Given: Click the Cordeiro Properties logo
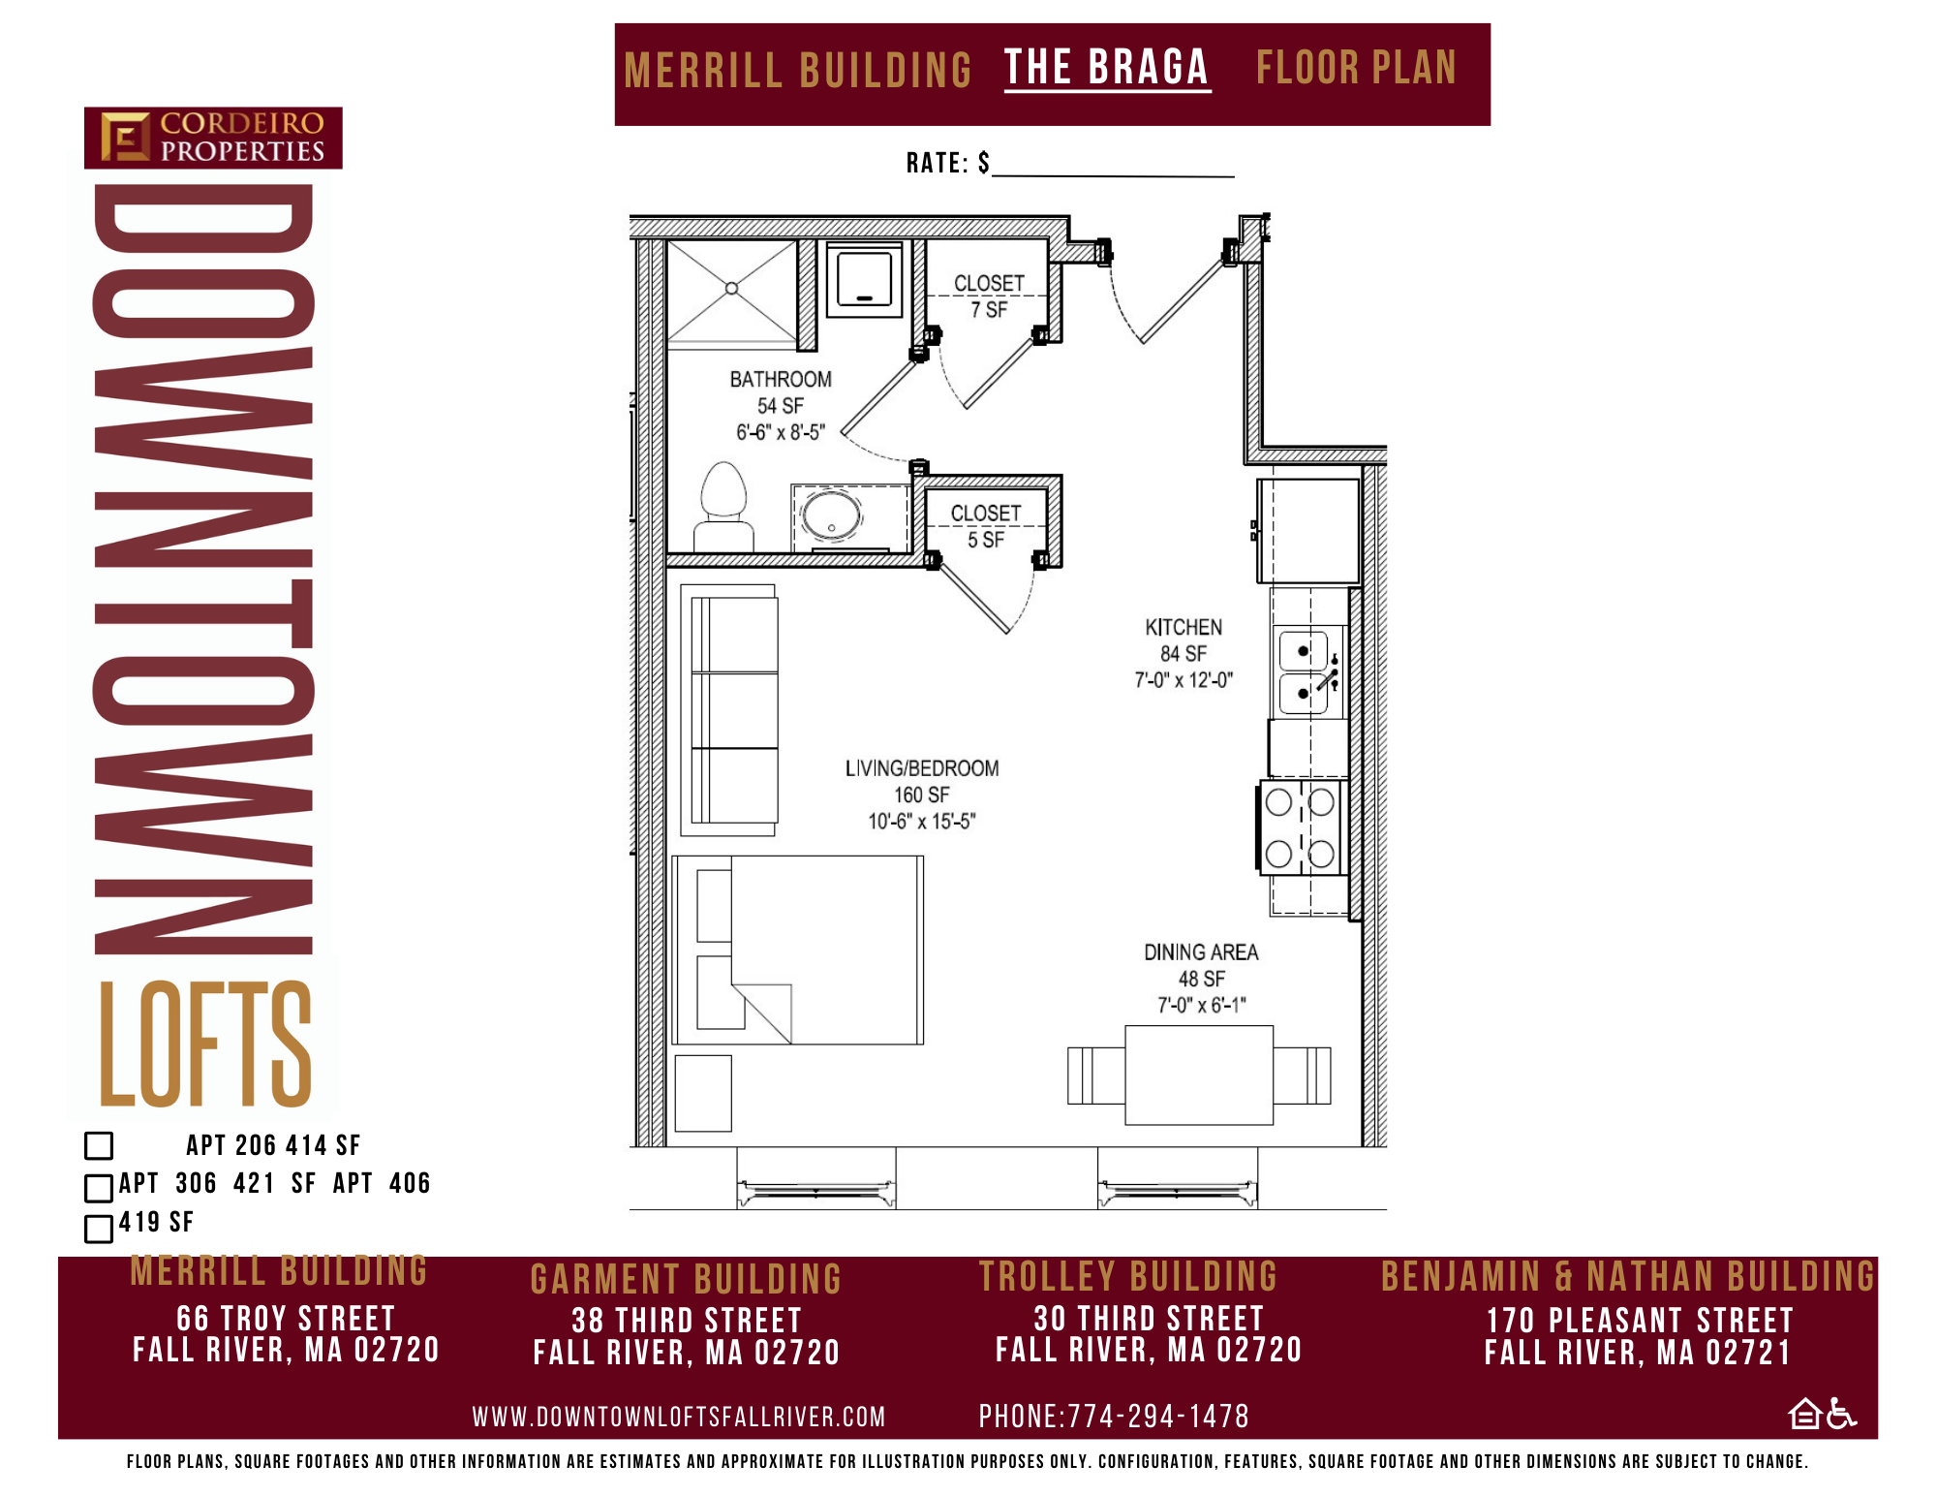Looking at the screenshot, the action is click(x=213, y=138).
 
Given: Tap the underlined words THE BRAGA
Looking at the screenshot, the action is click(x=1107, y=68).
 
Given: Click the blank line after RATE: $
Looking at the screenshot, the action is click(x=1114, y=175).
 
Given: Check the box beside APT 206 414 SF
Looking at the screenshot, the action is click(x=99, y=1145).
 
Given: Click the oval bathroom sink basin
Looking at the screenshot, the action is click(x=832, y=515).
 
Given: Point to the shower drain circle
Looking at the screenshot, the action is click(x=732, y=288).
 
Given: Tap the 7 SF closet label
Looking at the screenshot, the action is click(x=989, y=296).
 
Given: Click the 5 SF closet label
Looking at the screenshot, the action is click(x=986, y=526).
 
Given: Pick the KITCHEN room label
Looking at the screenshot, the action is click(x=1184, y=627).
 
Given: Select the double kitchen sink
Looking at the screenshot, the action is click(x=1308, y=672).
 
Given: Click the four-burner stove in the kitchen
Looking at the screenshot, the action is click(x=1303, y=827).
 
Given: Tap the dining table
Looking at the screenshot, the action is click(x=1199, y=1075).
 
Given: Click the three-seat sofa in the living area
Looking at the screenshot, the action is click(x=730, y=710).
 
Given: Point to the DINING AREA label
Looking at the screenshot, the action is click(x=1201, y=952).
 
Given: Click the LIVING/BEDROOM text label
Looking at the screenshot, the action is click(x=922, y=768).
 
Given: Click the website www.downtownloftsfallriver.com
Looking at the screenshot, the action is click(x=679, y=1418).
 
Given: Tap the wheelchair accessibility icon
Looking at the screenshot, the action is click(x=1841, y=1414).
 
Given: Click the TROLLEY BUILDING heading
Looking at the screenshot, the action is click(x=1128, y=1277).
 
